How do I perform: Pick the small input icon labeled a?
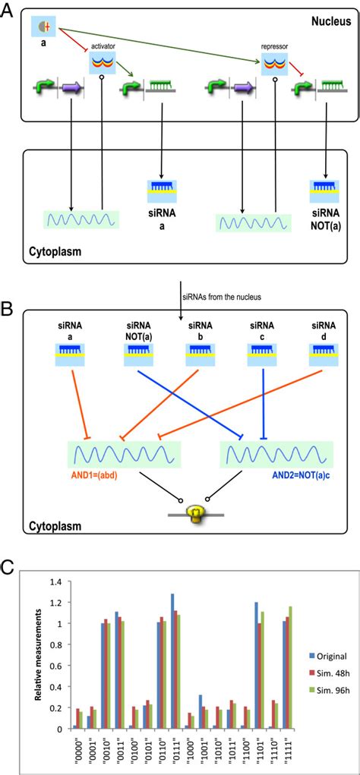pos(43,28)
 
